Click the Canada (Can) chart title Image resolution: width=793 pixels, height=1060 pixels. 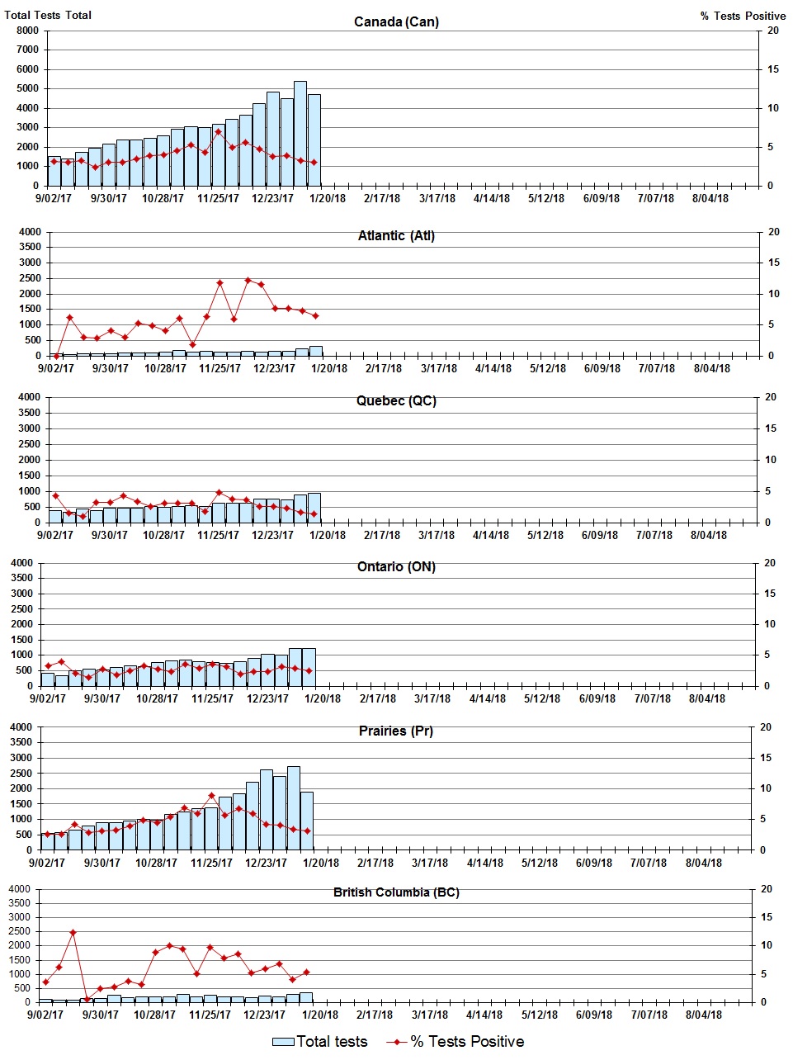(x=396, y=21)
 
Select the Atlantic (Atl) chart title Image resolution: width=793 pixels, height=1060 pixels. (x=396, y=236)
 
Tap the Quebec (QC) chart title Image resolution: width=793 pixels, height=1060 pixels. (x=396, y=401)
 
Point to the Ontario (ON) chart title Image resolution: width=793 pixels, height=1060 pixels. (x=396, y=567)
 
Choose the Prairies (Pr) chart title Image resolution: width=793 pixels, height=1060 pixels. (x=396, y=731)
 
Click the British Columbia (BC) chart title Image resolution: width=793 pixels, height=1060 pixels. (x=396, y=892)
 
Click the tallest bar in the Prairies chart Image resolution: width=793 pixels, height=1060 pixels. (x=294, y=807)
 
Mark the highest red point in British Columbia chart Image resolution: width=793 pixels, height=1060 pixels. (x=73, y=933)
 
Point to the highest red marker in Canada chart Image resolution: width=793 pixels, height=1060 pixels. (x=219, y=132)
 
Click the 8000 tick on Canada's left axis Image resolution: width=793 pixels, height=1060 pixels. (x=27, y=31)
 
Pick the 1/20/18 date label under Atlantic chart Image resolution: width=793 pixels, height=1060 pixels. (x=328, y=368)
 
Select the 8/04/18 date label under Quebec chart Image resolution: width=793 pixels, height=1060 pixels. (x=708, y=535)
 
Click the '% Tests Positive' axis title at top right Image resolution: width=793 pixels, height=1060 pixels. (x=743, y=16)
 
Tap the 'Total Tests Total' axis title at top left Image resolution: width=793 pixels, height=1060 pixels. (x=48, y=15)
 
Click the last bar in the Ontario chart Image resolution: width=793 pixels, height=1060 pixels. (x=309, y=667)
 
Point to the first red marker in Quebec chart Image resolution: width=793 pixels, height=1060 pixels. (x=55, y=495)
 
